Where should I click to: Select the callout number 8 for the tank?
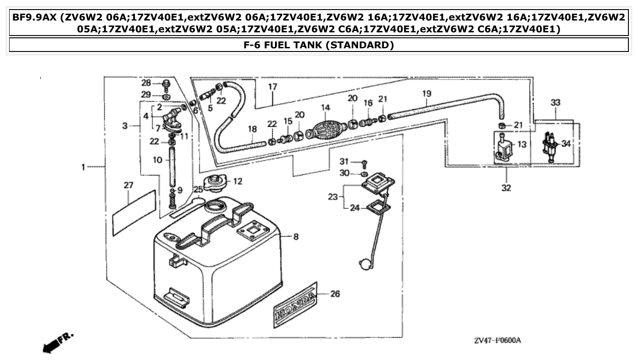coord(296,237)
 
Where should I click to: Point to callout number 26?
coord(335,294)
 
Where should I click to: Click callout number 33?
coord(555,103)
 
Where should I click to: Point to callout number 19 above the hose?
coord(426,93)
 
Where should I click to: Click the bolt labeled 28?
coord(166,84)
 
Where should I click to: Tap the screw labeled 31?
coord(364,163)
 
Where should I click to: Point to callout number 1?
coord(83,167)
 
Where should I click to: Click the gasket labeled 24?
coord(378,207)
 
